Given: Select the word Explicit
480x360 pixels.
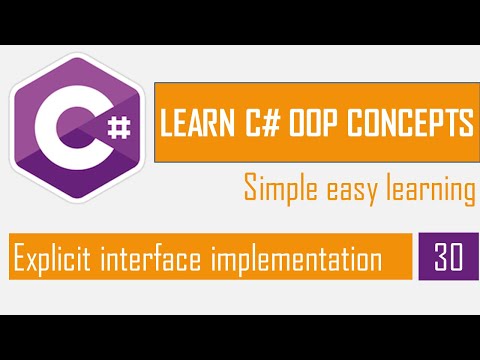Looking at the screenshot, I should tap(50, 259).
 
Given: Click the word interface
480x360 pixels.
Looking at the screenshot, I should tap(153, 259).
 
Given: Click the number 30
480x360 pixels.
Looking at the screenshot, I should tap(448, 259).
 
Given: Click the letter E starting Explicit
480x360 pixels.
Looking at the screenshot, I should tap(18, 259).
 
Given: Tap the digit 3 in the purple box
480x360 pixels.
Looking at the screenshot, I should tap(440, 259).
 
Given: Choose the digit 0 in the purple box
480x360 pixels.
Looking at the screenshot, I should tap(457, 259).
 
